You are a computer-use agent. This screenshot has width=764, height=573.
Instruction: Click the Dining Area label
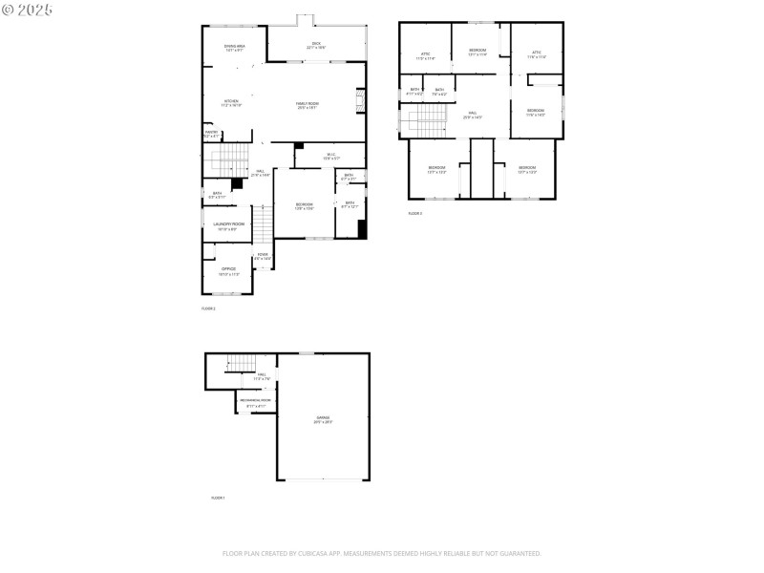click(x=235, y=48)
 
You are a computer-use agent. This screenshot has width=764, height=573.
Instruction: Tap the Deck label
click(x=316, y=44)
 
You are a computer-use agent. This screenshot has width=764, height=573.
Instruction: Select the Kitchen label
click(x=231, y=103)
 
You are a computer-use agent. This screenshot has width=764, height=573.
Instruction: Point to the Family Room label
click(x=307, y=105)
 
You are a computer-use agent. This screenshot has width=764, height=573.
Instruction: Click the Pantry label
click(x=211, y=134)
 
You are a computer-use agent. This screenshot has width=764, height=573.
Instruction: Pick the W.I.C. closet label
click(x=330, y=156)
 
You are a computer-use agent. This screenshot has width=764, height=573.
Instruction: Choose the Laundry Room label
click(x=229, y=225)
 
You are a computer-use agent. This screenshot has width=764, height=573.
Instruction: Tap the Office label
click(x=229, y=270)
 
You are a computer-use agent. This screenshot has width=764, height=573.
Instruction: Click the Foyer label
click(x=263, y=256)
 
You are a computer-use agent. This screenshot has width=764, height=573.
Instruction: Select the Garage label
click(x=323, y=419)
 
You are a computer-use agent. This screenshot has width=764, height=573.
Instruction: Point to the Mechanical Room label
click(x=255, y=401)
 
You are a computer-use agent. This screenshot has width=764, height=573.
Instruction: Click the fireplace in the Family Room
click(x=360, y=100)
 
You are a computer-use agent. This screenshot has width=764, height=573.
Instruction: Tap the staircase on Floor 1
click(x=241, y=362)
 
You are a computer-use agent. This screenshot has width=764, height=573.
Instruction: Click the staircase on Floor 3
click(x=428, y=119)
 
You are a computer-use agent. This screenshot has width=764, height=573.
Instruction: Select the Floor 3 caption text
click(x=414, y=213)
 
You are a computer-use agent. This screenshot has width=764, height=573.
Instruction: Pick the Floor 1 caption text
click(x=218, y=498)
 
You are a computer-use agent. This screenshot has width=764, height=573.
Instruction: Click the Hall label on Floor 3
click(x=472, y=116)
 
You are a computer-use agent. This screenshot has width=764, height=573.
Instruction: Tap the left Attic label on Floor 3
click(x=425, y=56)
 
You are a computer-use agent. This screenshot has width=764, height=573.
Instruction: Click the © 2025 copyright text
click(x=28, y=9)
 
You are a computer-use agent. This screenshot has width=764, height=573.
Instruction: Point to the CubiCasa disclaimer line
click(x=382, y=553)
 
